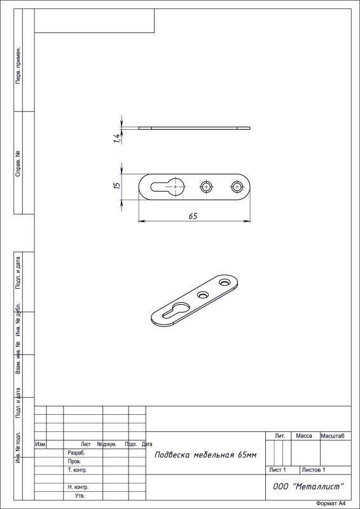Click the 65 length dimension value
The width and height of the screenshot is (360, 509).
193,216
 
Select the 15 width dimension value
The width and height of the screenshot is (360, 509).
117,185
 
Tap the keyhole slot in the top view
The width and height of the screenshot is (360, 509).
168,187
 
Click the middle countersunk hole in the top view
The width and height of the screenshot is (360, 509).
206,186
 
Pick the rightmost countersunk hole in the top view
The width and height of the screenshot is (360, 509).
237,186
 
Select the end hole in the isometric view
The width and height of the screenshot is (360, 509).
224,282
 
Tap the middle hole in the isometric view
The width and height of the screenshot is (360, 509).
203,295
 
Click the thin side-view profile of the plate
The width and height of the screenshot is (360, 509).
195,128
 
